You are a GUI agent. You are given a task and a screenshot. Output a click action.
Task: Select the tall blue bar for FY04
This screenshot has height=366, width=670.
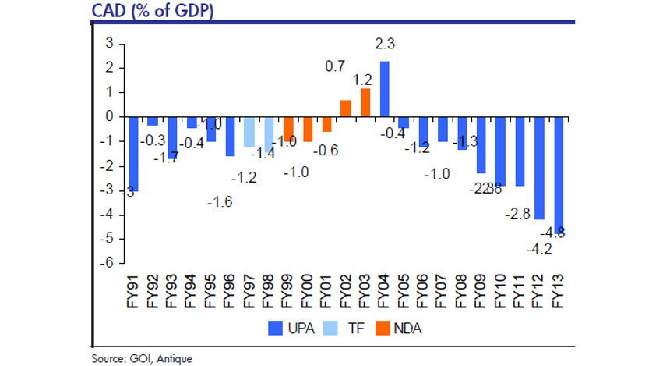pos(384,89)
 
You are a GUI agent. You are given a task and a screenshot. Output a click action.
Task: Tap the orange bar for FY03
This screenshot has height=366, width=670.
pos(365,102)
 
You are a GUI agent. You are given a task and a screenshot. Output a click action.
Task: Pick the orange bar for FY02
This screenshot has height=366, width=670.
pos(346,108)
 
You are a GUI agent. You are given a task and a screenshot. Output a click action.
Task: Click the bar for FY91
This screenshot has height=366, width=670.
pos(133,154)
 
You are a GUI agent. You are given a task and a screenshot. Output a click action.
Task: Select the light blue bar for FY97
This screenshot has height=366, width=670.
pos(249,132)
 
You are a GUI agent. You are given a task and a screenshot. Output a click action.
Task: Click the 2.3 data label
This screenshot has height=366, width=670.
pos(385,44)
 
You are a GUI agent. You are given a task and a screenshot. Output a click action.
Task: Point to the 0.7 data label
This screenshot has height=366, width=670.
pos(336,67)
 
